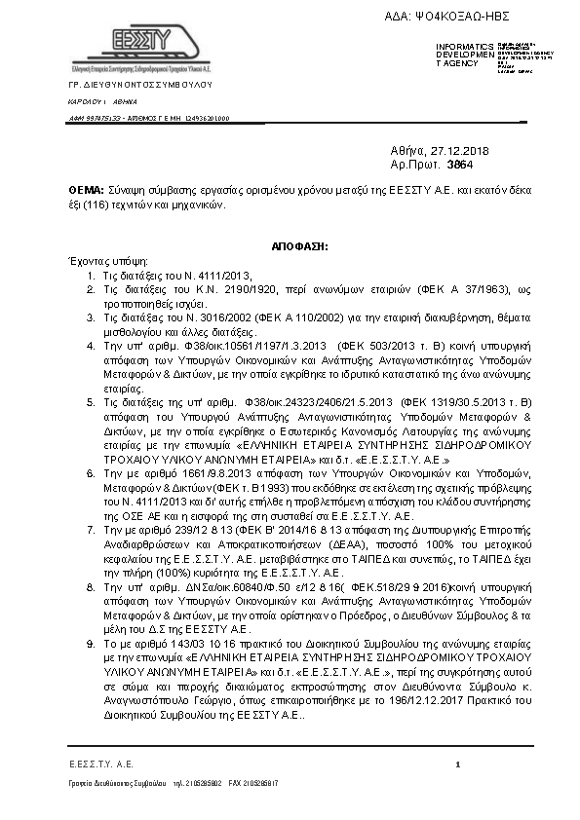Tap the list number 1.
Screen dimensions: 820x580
click(x=91, y=276)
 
